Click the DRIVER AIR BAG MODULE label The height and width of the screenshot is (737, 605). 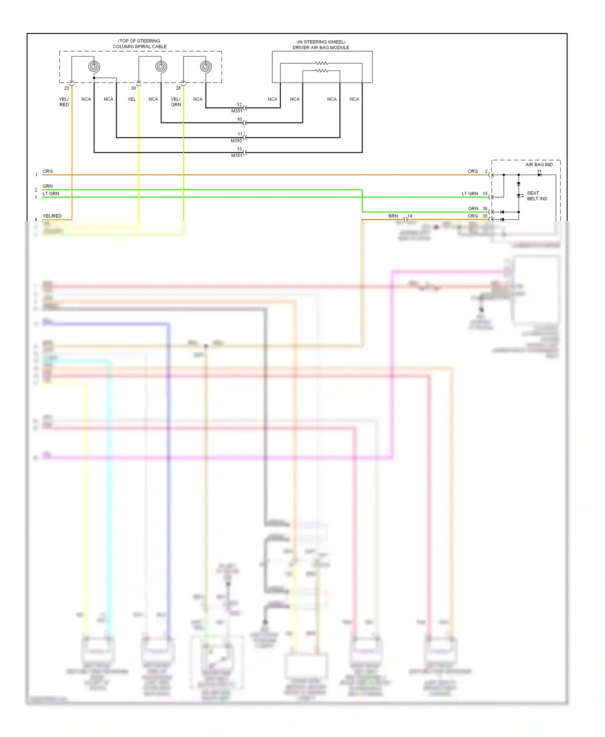[321, 48]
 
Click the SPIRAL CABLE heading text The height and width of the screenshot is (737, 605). [140, 44]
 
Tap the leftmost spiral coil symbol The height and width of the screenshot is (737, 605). [94, 67]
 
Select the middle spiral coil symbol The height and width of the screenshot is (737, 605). [161, 67]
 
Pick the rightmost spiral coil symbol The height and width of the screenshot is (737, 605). [206, 67]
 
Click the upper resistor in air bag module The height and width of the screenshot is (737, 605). [321, 63]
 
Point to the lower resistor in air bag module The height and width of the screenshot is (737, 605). [321, 71]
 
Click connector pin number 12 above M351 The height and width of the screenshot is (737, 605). [240, 104]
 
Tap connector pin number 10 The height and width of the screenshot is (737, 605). [240, 119]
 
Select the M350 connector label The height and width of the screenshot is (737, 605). [236, 141]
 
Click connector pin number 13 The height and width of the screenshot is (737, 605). [240, 149]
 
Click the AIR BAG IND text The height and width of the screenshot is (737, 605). [539, 164]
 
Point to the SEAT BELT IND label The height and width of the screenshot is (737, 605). [537, 196]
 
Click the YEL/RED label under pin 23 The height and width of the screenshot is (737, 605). [64, 102]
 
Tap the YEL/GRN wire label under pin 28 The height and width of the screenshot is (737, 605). [176, 102]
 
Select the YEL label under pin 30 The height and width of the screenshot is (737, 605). [131, 99]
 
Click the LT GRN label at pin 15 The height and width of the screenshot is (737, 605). [470, 194]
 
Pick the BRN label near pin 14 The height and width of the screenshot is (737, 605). [393, 216]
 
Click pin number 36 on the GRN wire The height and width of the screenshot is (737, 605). [485, 208]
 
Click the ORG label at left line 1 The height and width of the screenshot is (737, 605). [48, 171]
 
